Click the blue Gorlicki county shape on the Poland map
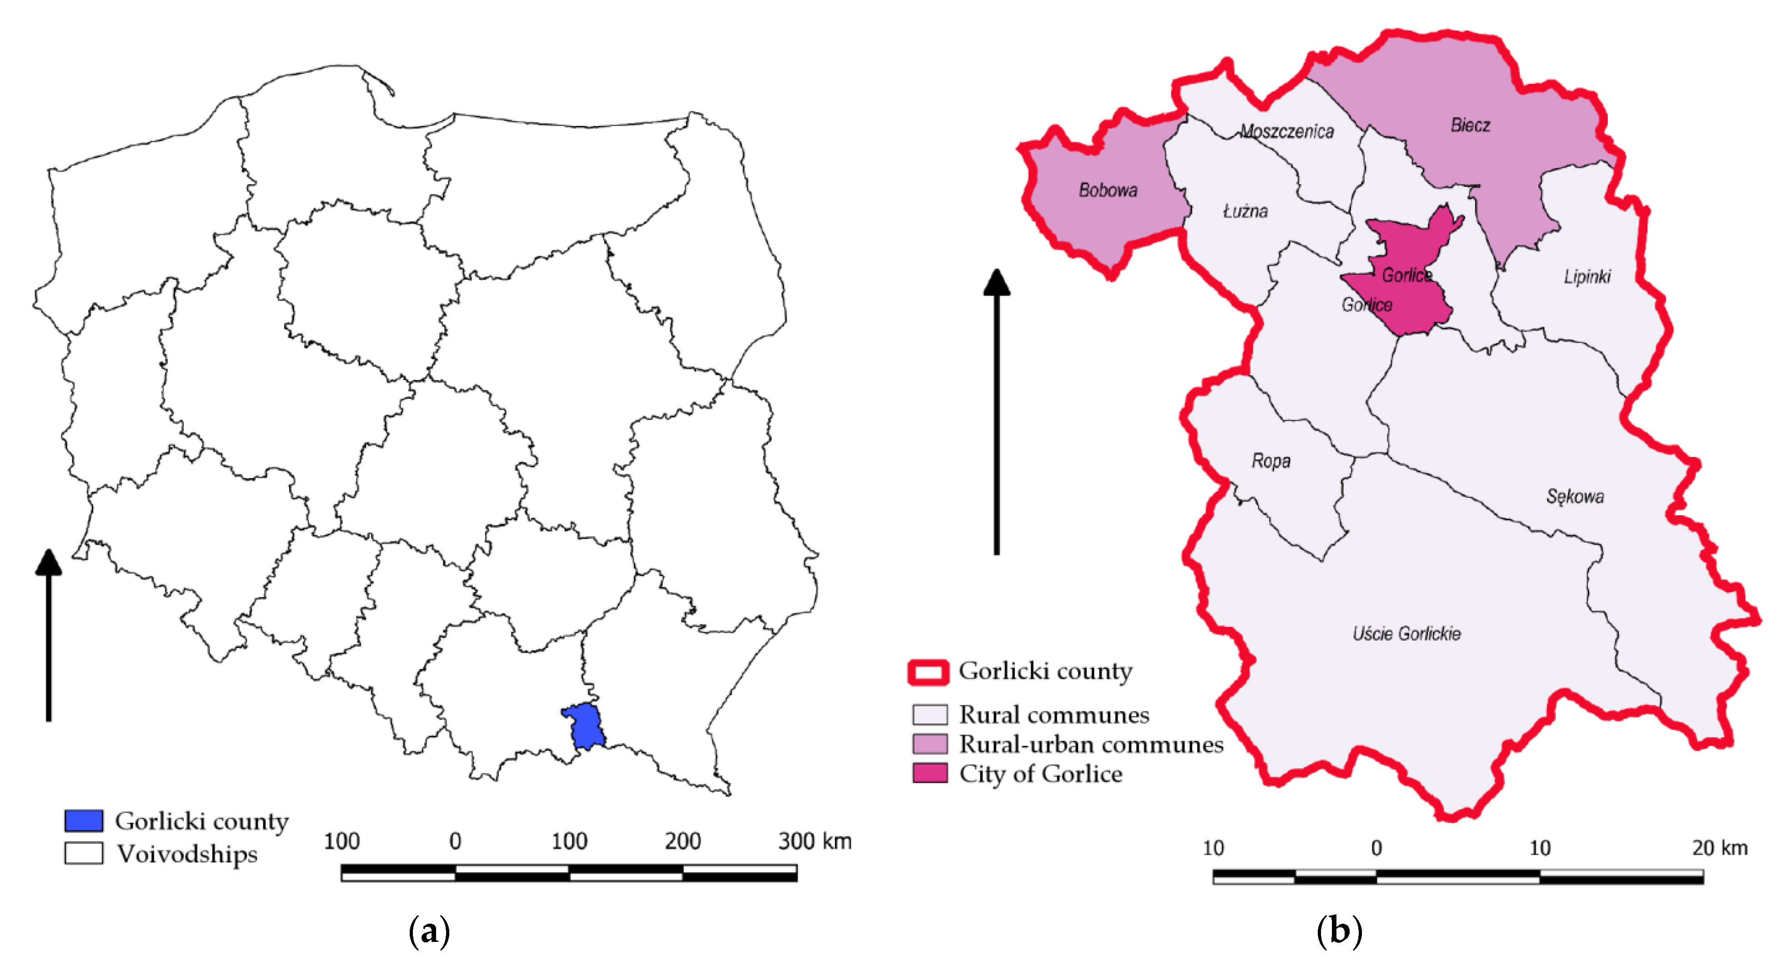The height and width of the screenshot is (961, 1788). [584, 725]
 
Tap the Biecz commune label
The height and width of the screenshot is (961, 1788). [1470, 126]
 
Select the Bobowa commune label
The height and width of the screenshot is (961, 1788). [1108, 190]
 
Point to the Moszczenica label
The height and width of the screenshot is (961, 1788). [1287, 131]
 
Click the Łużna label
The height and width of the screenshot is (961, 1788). [1245, 211]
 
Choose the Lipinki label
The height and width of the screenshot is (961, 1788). [1587, 277]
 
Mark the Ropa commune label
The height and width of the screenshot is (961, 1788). [1271, 461]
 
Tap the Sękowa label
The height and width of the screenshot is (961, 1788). [1575, 497]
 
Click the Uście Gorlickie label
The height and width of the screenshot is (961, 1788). [1406, 633]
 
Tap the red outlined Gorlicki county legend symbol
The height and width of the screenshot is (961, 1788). [928, 672]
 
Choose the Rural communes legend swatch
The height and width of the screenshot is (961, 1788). [929, 714]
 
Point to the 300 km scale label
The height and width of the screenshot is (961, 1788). [814, 841]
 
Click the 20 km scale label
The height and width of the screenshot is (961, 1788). [1719, 848]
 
